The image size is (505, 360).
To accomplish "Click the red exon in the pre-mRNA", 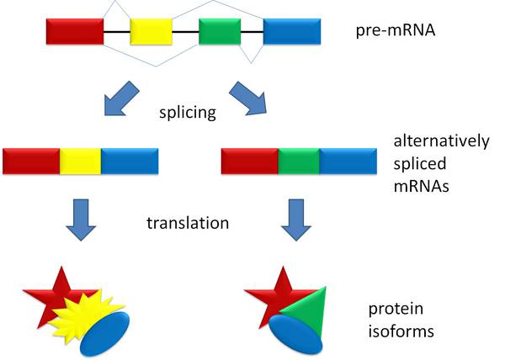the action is pyautogui.click(x=75, y=31).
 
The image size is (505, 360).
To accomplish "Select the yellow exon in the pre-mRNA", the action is pyautogui.click(x=151, y=31).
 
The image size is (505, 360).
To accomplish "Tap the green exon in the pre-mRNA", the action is pyautogui.click(x=220, y=31).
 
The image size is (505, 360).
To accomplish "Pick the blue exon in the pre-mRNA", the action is pyautogui.click(x=292, y=31).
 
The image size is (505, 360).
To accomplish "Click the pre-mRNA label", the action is pyautogui.click(x=396, y=30).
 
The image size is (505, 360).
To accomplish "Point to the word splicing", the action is pyautogui.click(x=188, y=112).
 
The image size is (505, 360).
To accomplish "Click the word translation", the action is pyautogui.click(x=188, y=223).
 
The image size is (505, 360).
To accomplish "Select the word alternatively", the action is pyautogui.click(x=441, y=141).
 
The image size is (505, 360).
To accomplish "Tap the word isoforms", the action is pyautogui.click(x=401, y=331).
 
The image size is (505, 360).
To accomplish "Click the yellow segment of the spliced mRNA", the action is pyautogui.click(x=81, y=161).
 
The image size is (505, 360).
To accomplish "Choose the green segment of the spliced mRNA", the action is pyautogui.click(x=299, y=161).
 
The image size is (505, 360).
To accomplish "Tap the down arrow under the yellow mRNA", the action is pyautogui.click(x=81, y=220).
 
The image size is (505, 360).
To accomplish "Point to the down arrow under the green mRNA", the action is pyautogui.click(x=296, y=220).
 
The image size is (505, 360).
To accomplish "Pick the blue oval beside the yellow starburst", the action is pyautogui.click(x=104, y=334).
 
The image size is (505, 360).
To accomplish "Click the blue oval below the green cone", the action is pyautogui.click(x=295, y=334).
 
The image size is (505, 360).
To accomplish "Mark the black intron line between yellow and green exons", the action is pyautogui.click(x=185, y=32).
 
